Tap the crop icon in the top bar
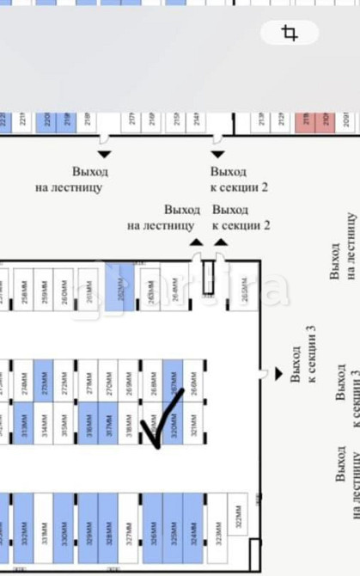coord(290,34)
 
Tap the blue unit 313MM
coord(23,423)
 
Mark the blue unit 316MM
coord(88,423)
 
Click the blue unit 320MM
coord(174,423)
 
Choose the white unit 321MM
coord(194,423)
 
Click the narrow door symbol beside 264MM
coord(207,277)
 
